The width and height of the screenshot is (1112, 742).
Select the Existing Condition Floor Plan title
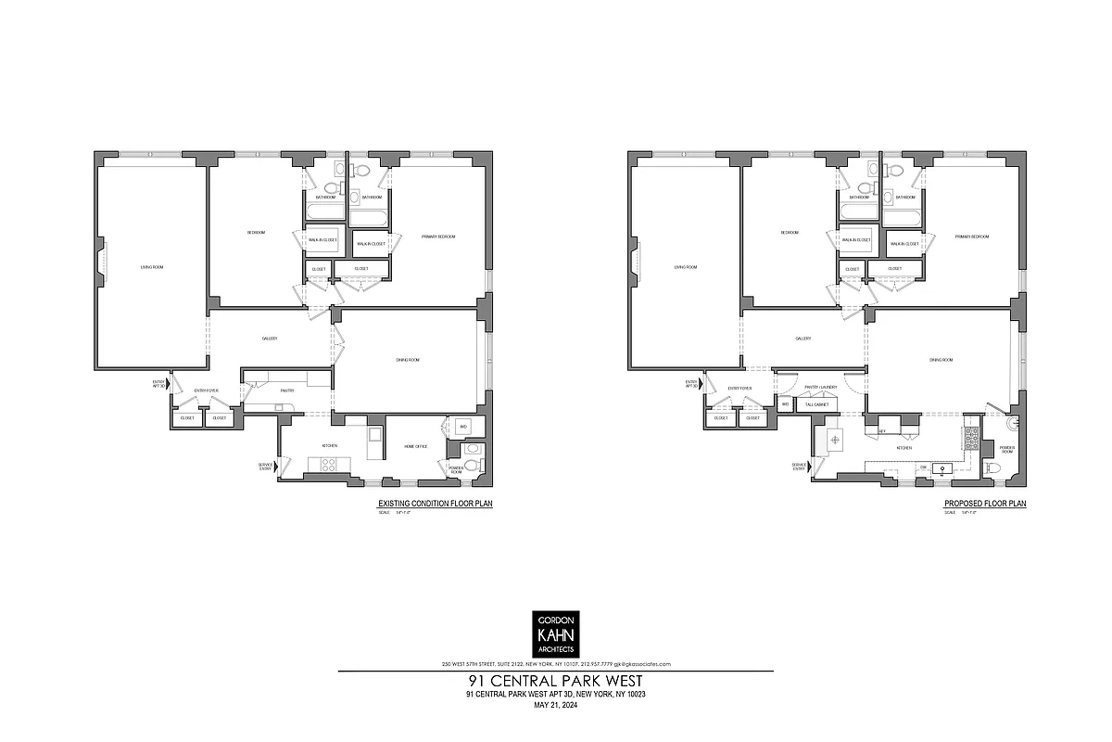[x=434, y=505]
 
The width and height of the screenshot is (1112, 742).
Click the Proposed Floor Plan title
[x=985, y=505]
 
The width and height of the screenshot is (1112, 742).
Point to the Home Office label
[x=416, y=446]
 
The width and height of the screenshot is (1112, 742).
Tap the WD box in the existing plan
[x=463, y=427]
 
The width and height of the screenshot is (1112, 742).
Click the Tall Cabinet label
[x=815, y=404]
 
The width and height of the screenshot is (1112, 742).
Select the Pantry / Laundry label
[x=821, y=387]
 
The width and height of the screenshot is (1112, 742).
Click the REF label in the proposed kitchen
[x=882, y=431]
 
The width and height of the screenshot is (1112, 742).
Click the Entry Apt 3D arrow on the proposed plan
[x=701, y=383]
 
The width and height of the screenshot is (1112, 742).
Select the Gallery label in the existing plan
[x=270, y=339]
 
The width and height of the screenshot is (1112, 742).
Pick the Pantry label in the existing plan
[x=287, y=390]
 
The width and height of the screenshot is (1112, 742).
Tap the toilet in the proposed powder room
[x=992, y=469]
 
